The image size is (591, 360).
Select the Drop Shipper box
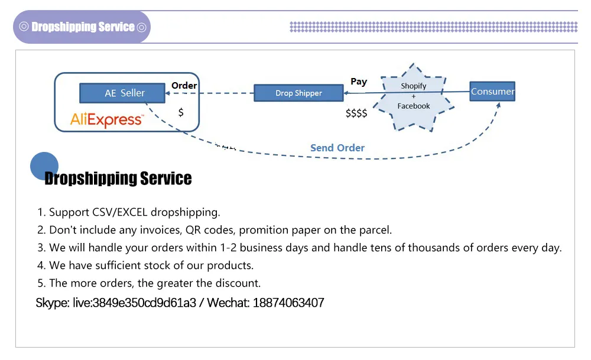coord(298,93)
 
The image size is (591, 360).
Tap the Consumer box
coord(492,92)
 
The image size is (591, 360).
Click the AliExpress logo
coord(106,120)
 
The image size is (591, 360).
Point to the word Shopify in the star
coord(413,86)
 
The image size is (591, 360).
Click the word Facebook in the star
coord(413,106)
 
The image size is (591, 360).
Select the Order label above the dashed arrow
coord(184,86)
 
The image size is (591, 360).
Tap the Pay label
coord(358,82)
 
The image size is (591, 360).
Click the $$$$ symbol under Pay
coord(356,113)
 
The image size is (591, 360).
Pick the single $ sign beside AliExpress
coord(181,112)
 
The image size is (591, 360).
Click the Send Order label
coord(337,148)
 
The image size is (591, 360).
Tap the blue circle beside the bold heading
coord(44,166)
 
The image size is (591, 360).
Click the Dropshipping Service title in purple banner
coord(83,27)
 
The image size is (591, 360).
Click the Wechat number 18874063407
coord(288,303)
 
